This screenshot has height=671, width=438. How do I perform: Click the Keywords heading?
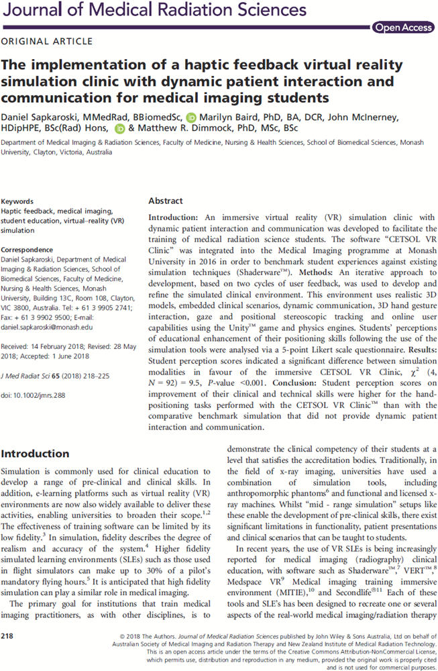pyautogui.click(x=18, y=201)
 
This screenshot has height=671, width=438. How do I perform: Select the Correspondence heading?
pyautogui.click(x=27, y=248)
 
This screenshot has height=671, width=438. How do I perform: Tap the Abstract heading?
pyautogui.click(x=165, y=201)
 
